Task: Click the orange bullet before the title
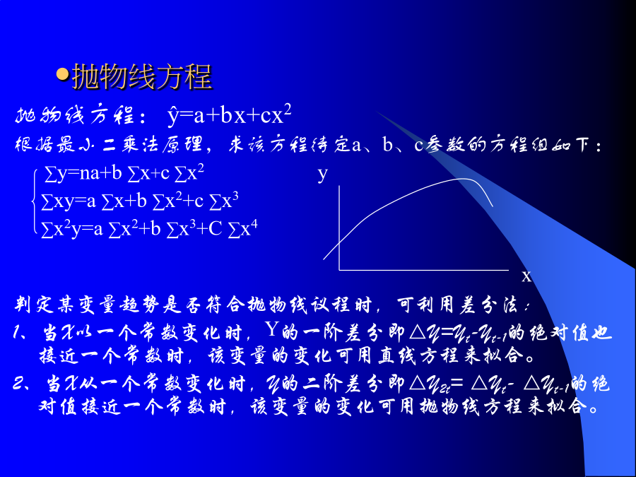pos(62,74)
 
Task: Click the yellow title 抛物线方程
pos(142,76)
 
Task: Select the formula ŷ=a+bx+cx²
pos(229,115)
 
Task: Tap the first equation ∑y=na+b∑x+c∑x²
pos(124,174)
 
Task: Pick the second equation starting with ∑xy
pos(139,201)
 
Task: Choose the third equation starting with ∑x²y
pos(149,229)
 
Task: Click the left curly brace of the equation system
pos(35,201)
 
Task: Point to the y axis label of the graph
pos(322,174)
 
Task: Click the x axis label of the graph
pos(526,276)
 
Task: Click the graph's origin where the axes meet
pos(339,269)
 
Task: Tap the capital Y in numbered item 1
pos(272,329)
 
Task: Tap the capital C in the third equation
pos(216,229)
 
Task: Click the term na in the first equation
pos(89,174)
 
